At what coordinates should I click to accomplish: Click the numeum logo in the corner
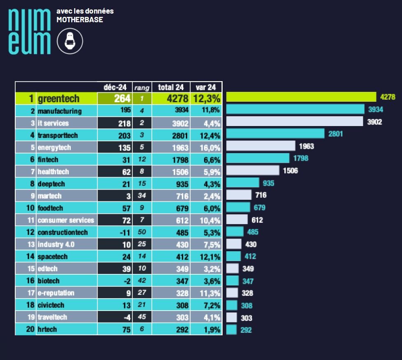[29, 32]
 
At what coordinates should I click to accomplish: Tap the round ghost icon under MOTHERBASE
[70, 41]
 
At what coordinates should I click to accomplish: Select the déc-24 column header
[115, 87]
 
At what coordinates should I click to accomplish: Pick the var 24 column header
[206, 87]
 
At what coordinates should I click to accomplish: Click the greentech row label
[58, 99]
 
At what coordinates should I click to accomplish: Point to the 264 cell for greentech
[115, 98]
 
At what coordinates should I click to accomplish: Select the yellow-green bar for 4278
[301, 97]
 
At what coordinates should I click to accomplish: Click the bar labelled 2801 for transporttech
[275, 133]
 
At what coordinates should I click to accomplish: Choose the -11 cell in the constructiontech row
[115, 232]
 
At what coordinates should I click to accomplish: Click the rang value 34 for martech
[142, 196]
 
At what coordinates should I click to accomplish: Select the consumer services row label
[66, 220]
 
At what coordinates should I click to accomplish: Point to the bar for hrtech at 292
[232, 330]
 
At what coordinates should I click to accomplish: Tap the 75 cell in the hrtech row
[115, 330]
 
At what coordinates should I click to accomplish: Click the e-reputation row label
[56, 293]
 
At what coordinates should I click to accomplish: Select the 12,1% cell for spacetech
[206, 257]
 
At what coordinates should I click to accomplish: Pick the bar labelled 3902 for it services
[295, 121]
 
